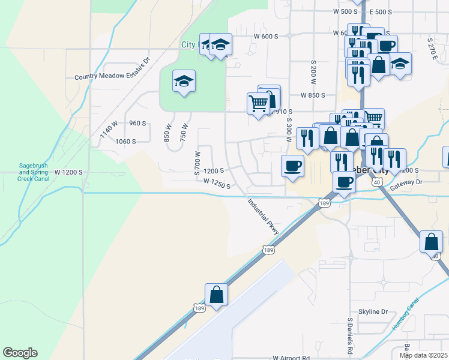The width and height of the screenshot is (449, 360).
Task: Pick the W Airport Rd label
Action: click(291, 357)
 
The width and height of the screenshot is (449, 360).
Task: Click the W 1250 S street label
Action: click(217, 184)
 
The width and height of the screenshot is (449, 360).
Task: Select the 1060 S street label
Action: click(126, 142)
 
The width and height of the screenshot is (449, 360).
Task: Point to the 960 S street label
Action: click(137, 123)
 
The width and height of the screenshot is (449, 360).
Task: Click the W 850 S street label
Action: click(313, 95)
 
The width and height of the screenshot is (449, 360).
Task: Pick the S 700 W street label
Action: click(197, 162)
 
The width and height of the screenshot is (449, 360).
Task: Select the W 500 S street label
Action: click(345, 11)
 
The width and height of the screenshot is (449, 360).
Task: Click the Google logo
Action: click(20, 353)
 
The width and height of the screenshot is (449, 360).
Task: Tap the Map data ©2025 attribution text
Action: click(423, 355)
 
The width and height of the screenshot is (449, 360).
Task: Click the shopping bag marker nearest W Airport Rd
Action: click(216, 294)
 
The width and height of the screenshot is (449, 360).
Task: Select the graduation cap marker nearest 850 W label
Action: click(184, 82)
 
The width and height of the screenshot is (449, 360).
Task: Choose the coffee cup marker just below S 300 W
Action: click(293, 166)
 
